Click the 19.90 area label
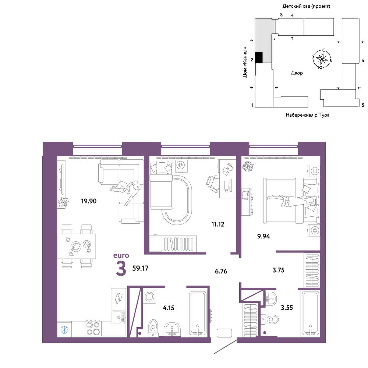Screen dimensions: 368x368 (x=89, y=201)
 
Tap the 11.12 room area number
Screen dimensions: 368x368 (x=218, y=224)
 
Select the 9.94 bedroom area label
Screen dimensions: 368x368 (x=263, y=236)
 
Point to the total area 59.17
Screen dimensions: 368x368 (x=140, y=268)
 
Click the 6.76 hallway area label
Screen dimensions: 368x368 (x=221, y=271)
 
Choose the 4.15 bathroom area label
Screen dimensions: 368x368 (x=169, y=308)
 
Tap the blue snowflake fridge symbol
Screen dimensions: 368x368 (x=64, y=330)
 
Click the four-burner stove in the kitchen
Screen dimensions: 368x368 (x=93, y=328)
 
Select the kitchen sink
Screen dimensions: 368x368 (x=118, y=317)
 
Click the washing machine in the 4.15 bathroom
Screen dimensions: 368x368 (x=149, y=296)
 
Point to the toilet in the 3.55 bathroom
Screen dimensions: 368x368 (x=270, y=319)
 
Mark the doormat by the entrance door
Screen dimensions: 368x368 (x=224, y=333)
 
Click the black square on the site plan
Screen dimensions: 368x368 (x=259, y=57)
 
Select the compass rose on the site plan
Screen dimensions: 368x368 (x=322, y=59)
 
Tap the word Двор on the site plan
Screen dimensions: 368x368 (x=297, y=73)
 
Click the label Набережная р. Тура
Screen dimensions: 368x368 (x=307, y=115)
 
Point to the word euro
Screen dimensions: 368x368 (x=121, y=255)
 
